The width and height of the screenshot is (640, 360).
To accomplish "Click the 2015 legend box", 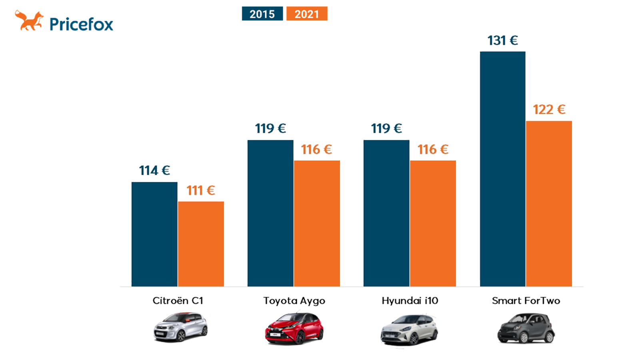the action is click(262, 14).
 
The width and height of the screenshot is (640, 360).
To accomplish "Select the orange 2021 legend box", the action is click(307, 14).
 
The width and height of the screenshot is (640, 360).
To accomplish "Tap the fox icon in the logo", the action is click(29, 20).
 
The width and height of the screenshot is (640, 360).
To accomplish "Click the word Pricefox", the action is click(82, 24).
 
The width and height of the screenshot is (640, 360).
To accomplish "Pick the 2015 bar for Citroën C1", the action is click(154, 234).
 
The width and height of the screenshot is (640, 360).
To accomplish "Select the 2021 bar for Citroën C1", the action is click(201, 244).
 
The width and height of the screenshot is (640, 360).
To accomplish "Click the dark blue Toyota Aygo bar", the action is click(270, 213).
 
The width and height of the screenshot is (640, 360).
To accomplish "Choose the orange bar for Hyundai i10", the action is click(433, 224).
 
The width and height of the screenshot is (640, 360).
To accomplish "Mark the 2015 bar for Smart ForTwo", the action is click(502, 169).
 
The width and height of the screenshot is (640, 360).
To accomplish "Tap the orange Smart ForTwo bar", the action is click(549, 204).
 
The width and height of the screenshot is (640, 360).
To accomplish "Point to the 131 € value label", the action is click(502, 40).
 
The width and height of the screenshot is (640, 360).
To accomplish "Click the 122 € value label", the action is click(549, 110).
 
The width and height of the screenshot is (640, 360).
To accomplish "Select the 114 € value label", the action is click(154, 170).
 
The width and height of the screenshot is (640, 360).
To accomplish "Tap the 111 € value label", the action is click(200, 190).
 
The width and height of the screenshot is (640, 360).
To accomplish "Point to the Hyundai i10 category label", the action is click(410, 300).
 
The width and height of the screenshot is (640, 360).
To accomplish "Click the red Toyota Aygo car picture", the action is click(294, 328).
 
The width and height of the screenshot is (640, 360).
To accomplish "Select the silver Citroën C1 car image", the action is click(180, 327).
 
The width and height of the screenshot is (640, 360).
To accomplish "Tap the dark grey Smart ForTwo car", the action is click(526, 328).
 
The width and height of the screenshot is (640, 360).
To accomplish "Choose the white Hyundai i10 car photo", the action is click(409, 330).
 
